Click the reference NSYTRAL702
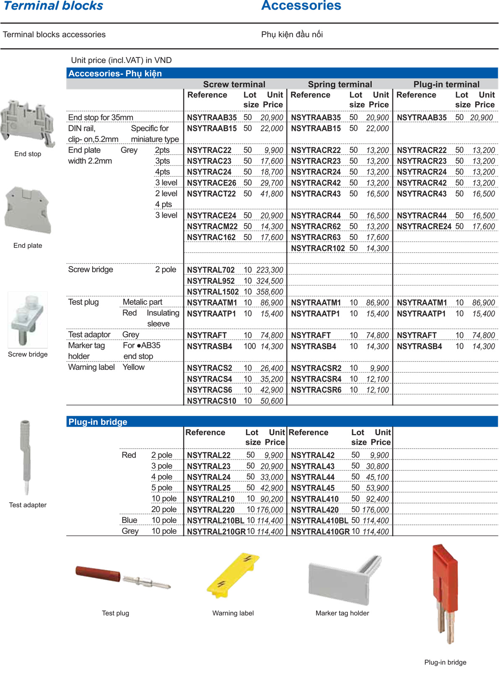pos(210,270)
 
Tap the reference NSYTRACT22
pos(211,194)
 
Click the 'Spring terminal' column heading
pos(340,84)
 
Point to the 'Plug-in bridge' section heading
pos(98,422)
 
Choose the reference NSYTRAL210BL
pos(215,521)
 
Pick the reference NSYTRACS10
pos(211,401)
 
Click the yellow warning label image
pos(233,576)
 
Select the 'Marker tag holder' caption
pos(342,613)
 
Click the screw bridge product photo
pos(28,319)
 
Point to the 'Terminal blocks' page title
pos(53,6)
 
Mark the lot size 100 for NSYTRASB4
pos(249,346)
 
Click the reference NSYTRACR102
pos(318,248)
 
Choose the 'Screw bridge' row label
pos(91,270)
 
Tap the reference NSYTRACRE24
pos(424,226)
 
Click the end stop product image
pos(28,123)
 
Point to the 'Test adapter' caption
pos(28,505)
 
